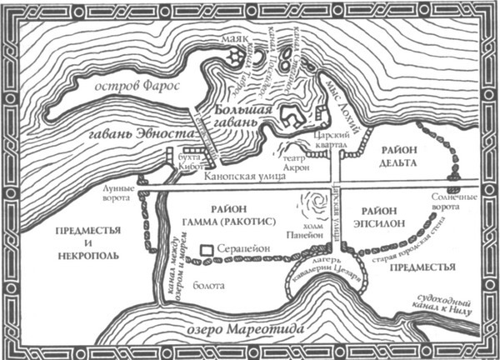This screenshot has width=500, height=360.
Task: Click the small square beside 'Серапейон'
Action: [x=205, y=249]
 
